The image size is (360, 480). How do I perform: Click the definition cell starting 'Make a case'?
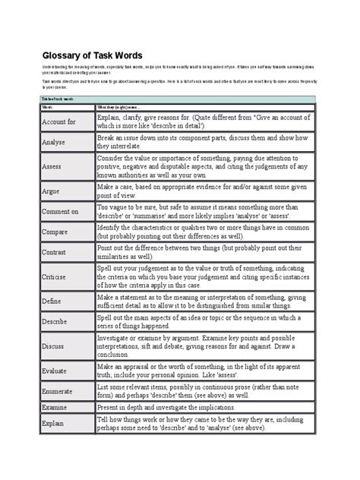pos(204,190)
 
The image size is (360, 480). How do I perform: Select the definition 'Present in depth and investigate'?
pos(178,409)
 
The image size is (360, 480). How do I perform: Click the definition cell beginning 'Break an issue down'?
pos(204,141)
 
